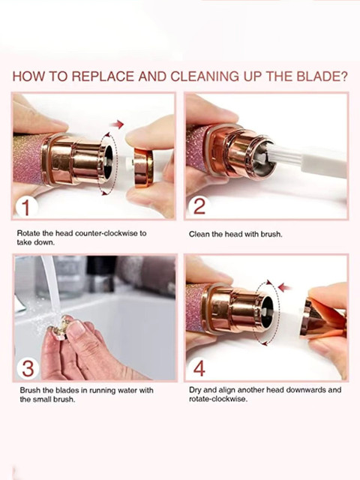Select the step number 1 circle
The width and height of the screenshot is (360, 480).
(x=26, y=207)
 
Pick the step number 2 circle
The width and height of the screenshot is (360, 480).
(x=199, y=206)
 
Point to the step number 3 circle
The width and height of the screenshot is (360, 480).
(x=28, y=368)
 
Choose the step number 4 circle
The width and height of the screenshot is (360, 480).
(x=199, y=368)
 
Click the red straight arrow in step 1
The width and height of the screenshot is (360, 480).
(x=117, y=124)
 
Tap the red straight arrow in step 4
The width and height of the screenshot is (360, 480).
(x=285, y=287)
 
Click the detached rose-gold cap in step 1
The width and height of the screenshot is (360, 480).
(x=143, y=167)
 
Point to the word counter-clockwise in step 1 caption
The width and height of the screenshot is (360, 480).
(x=106, y=233)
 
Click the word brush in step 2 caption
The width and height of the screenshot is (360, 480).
(x=271, y=235)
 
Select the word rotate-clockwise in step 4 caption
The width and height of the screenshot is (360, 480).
(x=218, y=399)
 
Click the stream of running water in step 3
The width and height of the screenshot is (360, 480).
(x=52, y=291)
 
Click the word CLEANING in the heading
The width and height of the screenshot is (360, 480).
(x=205, y=76)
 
